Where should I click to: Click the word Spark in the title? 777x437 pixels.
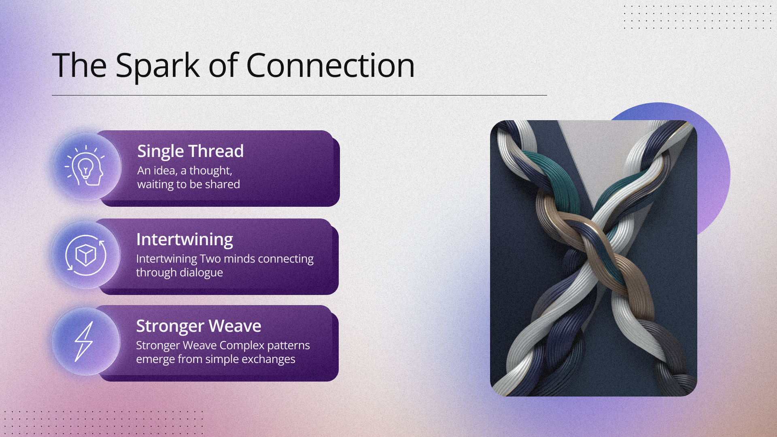157,66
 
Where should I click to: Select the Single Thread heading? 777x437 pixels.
190,151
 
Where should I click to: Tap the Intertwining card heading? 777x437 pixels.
185,240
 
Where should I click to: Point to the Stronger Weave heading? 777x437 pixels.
199,326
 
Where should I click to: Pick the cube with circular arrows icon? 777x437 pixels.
86,255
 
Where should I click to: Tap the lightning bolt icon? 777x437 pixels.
84,342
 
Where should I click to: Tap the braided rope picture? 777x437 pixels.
593,258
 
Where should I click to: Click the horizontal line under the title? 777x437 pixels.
299,95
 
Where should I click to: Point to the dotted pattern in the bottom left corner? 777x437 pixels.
101,423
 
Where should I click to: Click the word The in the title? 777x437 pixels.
79,66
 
